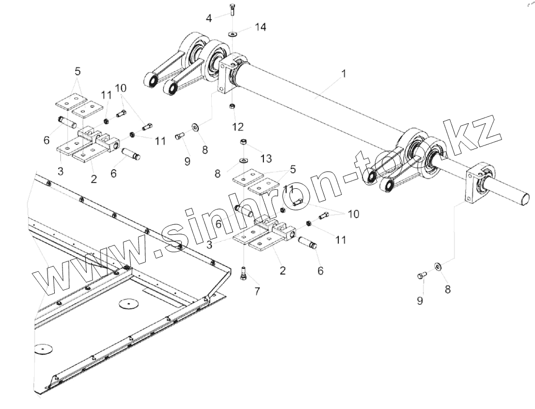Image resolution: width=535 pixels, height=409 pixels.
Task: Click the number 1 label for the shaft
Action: click(343, 74)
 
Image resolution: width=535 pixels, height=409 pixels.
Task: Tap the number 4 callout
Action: click(209, 19)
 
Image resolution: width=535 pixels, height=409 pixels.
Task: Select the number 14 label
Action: click(261, 27)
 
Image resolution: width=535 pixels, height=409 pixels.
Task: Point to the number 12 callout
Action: click(238, 126)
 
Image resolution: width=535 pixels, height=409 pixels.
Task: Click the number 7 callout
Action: click(257, 291)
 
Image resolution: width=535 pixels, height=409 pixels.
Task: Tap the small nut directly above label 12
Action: click(232, 107)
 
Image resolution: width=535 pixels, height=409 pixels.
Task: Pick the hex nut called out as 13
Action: click(243, 142)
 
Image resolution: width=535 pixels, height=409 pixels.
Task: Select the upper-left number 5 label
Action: click(77, 71)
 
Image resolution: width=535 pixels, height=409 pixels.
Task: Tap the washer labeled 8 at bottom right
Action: click(438, 267)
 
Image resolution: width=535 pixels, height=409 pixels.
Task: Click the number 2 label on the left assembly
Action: click(93, 179)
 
